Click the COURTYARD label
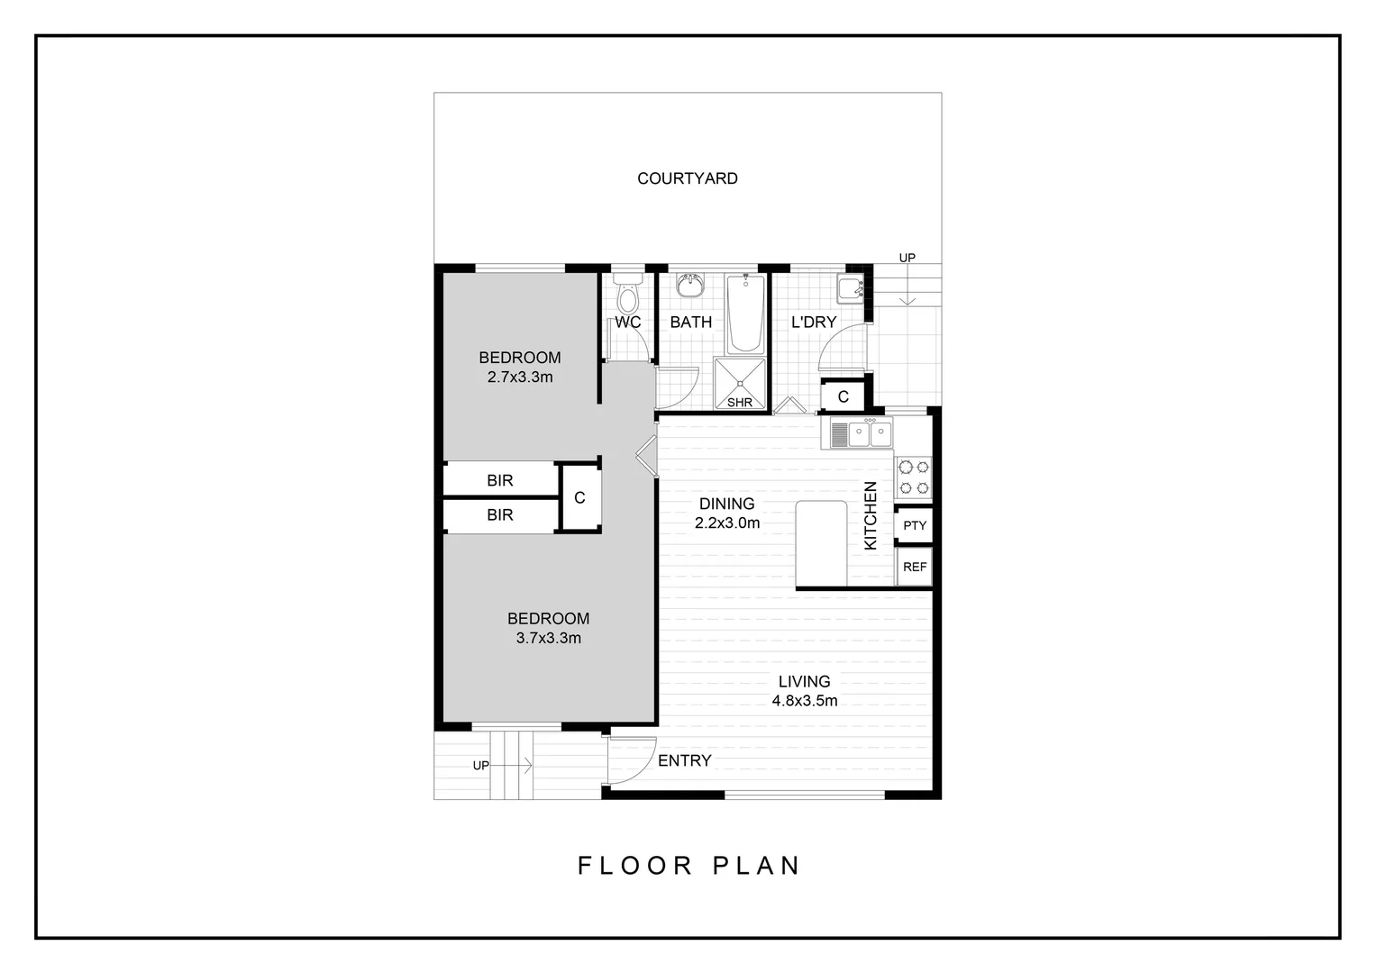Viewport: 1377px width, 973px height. (x=688, y=178)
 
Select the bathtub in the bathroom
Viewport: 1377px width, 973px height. (x=745, y=314)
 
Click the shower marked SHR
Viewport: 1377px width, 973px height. (x=740, y=382)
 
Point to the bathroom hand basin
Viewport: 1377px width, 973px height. (x=691, y=286)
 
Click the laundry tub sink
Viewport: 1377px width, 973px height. (x=850, y=288)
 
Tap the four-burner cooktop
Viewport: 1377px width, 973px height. (x=913, y=477)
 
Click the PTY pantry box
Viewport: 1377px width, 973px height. (x=914, y=525)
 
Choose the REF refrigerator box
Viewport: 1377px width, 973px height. (x=914, y=567)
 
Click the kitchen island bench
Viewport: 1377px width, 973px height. (x=821, y=544)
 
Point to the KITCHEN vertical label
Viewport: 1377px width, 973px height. (x=871, y=515)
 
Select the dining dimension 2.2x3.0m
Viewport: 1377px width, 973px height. (x=726, y=523)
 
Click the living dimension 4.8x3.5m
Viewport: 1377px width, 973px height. (x=804, y=701)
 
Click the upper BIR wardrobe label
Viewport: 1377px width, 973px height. (x=500, y=481)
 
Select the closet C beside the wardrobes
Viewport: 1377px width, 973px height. (x=579, y=497)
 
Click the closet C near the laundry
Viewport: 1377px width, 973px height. (x=844, y=396)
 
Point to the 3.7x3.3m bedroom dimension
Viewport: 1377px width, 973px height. (x=548, y=638)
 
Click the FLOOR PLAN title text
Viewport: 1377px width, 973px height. (x=688, y=866)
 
